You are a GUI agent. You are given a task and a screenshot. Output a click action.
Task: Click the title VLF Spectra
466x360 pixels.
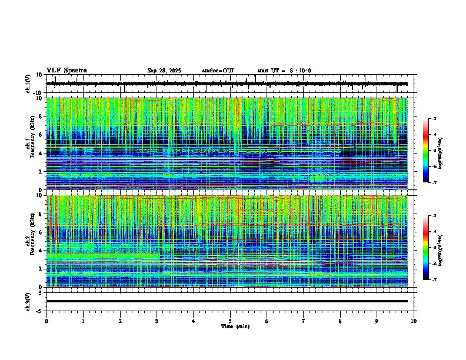pos(66,71)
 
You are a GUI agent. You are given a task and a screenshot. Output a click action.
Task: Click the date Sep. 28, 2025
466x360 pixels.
pos(164,71)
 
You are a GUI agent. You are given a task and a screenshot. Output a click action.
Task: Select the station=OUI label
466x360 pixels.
pos(218,71)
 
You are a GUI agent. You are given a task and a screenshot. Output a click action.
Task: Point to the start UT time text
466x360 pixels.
pos(284,71)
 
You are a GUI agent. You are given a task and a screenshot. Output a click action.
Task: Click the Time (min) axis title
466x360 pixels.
pos(230,326)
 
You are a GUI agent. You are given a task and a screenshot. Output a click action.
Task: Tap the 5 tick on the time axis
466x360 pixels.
pos(230,321)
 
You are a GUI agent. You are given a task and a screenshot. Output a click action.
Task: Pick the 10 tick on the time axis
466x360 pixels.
pos(414,321)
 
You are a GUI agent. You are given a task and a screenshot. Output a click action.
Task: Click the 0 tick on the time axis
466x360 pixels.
pos(46,321)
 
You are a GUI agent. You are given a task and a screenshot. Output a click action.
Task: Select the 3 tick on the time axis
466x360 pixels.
pos(157,321)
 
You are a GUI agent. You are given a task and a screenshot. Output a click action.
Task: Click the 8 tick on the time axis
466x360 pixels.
pos(340,321)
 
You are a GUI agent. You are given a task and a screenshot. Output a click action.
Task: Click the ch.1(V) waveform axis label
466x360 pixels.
pos(28,84)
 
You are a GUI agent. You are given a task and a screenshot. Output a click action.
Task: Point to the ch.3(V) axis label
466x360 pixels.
pos(28,301)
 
